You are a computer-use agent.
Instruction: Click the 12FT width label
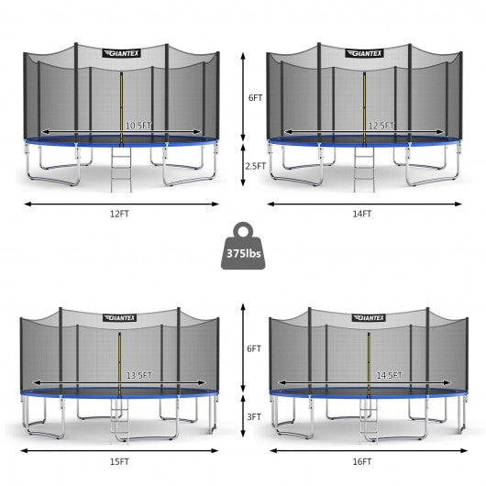click(119, 214)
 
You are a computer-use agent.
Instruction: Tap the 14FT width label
click(362, 214)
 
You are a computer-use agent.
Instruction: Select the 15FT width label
click(119, 461)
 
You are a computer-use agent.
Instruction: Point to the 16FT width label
click(362, 461)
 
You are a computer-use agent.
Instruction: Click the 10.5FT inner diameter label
click(138, 126)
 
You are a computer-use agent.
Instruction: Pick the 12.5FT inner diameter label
click(381, 126)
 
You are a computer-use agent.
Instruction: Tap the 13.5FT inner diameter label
click(139, 376)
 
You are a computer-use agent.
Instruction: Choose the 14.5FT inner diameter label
click(390, 376)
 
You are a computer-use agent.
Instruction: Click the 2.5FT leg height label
click(256, 166)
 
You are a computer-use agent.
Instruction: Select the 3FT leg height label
click(254, 417)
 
